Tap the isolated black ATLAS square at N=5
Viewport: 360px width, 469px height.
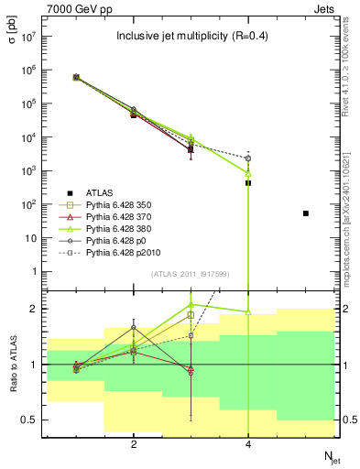(x=306, y=213)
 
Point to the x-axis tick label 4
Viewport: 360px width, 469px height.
(x=248, y=444)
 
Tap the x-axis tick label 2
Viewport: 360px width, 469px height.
(x=134, y=444)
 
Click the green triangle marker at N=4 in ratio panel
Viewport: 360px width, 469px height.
(x=248, y=312)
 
